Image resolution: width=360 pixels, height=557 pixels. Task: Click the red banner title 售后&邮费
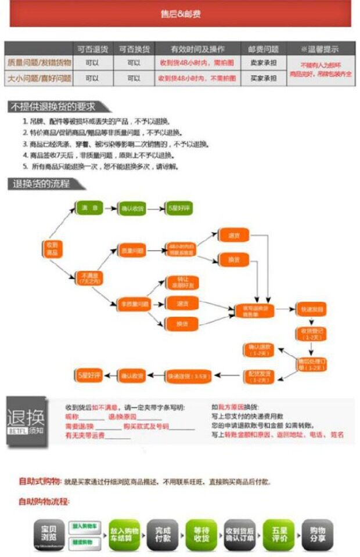180,13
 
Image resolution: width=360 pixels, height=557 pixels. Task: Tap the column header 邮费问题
263,49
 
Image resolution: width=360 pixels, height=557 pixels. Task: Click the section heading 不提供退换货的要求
52,107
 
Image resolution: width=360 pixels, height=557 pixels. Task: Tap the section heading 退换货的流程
42,185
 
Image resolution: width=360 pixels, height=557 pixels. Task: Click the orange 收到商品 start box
52,249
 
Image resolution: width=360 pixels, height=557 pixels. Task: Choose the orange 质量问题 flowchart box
132,251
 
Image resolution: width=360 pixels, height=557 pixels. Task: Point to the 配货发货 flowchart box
258,376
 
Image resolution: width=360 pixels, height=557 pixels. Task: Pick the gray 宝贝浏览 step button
49,534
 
